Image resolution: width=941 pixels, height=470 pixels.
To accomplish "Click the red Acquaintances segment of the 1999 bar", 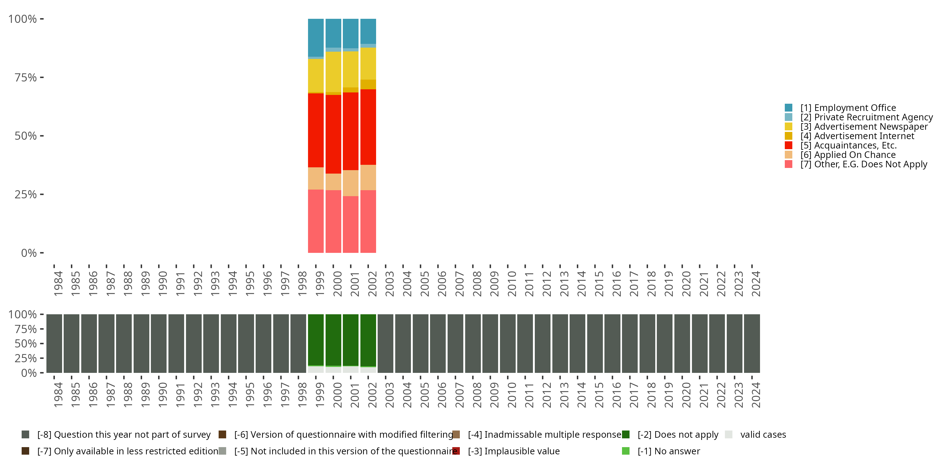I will pyautogui.click(x=316, y=130).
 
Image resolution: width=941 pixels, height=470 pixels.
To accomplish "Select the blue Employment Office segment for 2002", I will pyautogui.click(x=368, y=31).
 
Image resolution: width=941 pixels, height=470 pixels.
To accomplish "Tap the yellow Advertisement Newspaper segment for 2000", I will pyautogui.click(x=333, y=72).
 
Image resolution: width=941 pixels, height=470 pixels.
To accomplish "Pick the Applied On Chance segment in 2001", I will pyautogui.click(x=350, y=183).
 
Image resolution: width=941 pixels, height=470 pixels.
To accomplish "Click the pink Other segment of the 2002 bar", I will pyautogui.click(x=368, y=221).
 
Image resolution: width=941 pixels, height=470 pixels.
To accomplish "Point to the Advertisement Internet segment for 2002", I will pyautogui.click(x=368, y=84).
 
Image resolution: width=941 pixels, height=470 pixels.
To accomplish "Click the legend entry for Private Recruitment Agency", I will pyautogui.click(x=866, y=117).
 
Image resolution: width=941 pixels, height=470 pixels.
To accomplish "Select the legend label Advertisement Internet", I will pyautogui.click(x=864, y=136).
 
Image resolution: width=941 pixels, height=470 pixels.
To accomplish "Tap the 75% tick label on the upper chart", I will pyautogui.click(x=26, y=77).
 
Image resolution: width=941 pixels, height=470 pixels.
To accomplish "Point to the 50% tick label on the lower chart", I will pyautogui.click(x=26, y=343).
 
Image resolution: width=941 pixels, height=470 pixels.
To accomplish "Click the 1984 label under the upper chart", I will pyautogui.click(x=58, y=284).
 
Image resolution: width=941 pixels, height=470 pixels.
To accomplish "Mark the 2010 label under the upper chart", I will pyautogui.click(x=512, y=284).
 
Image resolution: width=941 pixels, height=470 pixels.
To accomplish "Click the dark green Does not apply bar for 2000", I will pyautogui.click(x=333, y=339).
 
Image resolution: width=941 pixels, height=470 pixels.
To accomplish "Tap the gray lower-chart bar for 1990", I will pyautogui.click(x=158, y=343).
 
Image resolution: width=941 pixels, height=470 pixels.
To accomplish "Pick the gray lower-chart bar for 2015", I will pyautogui.click(x=595, y=343).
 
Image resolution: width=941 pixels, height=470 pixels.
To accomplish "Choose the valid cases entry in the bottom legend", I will pyautogui.click(x=763, y=435).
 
